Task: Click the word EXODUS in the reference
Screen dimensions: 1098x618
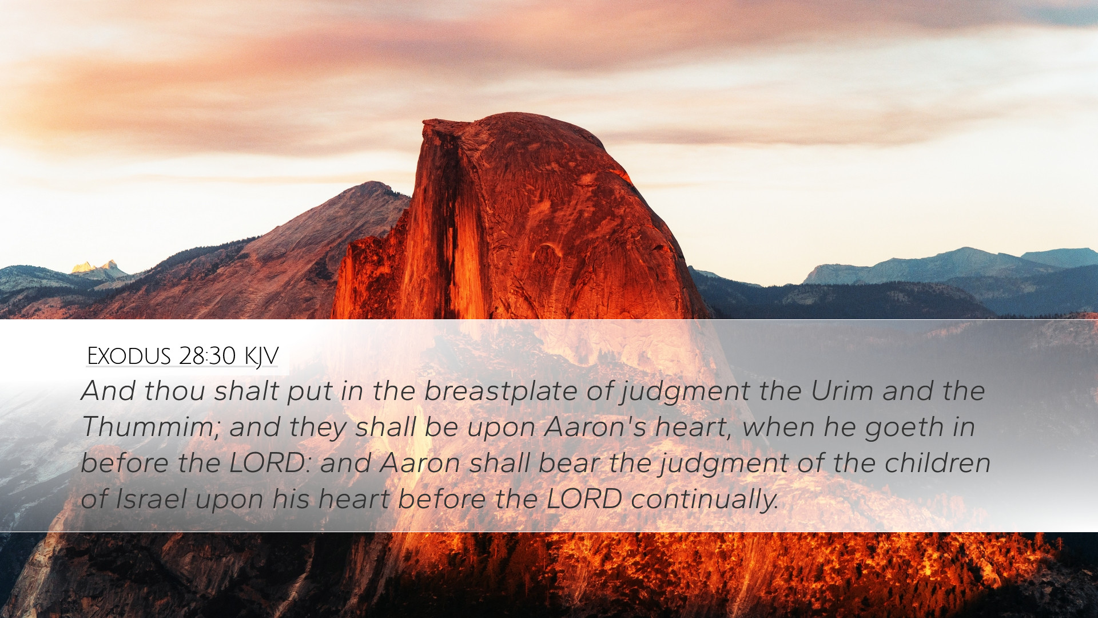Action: [x=129, y=356]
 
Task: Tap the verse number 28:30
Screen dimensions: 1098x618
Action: [x=207, y=356]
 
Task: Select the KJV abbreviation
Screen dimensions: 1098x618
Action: [x=261, y=356]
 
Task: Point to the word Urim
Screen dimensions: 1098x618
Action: [x=842, y=391]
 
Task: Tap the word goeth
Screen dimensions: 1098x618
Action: [x=904, y=428]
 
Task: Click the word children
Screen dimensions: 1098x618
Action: [x=937, y=463]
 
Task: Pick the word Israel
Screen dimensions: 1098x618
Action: [x=151, y=499]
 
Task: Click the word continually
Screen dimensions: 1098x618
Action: [x=705, y=500]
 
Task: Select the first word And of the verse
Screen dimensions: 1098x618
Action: [x=108, y=391]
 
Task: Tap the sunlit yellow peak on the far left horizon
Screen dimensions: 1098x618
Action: [x=91, y=267]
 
